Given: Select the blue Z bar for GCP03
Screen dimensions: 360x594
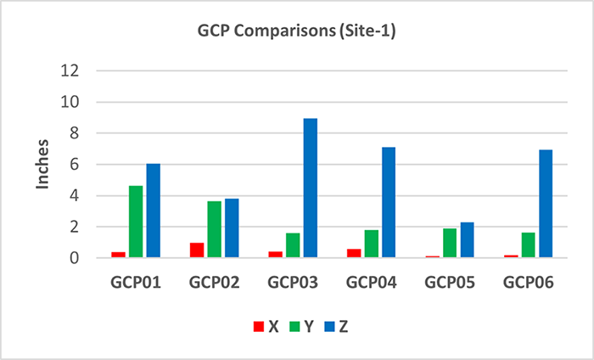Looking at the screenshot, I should click(311, 188).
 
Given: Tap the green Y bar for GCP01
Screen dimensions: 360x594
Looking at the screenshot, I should click(136, 221).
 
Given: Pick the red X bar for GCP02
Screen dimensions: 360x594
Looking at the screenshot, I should click(197, 250).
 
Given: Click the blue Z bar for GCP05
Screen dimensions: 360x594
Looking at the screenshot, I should click(467, 239).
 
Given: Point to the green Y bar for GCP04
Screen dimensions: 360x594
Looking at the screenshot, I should click(372, 243).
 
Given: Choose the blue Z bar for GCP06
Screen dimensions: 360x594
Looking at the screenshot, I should click(545, 203).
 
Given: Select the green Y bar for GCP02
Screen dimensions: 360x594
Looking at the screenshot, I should click(214, 229).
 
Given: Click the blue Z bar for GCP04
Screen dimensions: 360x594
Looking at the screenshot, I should click(389, 202).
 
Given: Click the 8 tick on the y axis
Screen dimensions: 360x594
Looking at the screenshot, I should click(75, 133).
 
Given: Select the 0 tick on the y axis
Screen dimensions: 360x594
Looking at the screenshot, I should click(75, 257).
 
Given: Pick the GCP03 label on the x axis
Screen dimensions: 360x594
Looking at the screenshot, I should click(294, 281).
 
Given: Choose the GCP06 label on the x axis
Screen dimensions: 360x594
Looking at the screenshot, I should click(528, 281).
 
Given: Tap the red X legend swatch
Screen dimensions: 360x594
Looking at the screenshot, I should click(258, 326).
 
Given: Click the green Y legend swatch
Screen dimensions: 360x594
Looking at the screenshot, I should click(294, 326).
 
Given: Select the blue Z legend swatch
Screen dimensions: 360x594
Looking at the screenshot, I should click(330, 326).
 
